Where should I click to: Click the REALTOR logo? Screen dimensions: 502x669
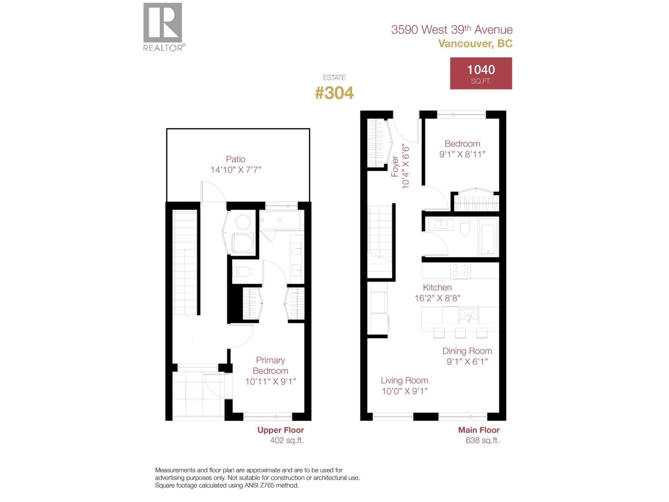[x=163, y=27]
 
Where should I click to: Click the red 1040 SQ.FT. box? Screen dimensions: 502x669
[x=481, y=74]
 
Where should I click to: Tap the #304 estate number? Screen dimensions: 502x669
[x=334, y=93]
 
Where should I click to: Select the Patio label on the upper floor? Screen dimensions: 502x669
[x=235, y=159]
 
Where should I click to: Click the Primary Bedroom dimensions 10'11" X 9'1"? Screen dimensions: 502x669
[x=271, y=382]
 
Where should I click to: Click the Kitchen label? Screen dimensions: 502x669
[x=437, y=287]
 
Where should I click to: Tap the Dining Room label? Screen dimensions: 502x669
[x=467, y=351]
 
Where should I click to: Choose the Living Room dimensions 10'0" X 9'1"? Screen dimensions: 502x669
[x=404, y=391]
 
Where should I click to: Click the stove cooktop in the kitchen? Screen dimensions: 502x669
[x=460, y=270]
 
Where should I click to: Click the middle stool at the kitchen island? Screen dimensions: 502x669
[x=460, y=333]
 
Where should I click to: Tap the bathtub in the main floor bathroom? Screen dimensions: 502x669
[x=488, y=237]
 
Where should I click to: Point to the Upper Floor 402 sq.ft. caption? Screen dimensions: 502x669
[x=281, y=435]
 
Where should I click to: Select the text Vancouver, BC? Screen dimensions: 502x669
[x=475, y=44]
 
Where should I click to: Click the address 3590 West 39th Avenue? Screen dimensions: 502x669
[x=452, y=30]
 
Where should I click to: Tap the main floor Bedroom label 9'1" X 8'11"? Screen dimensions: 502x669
[x=462, y=149]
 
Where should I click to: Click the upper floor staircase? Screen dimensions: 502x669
[x=184, y=264]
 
